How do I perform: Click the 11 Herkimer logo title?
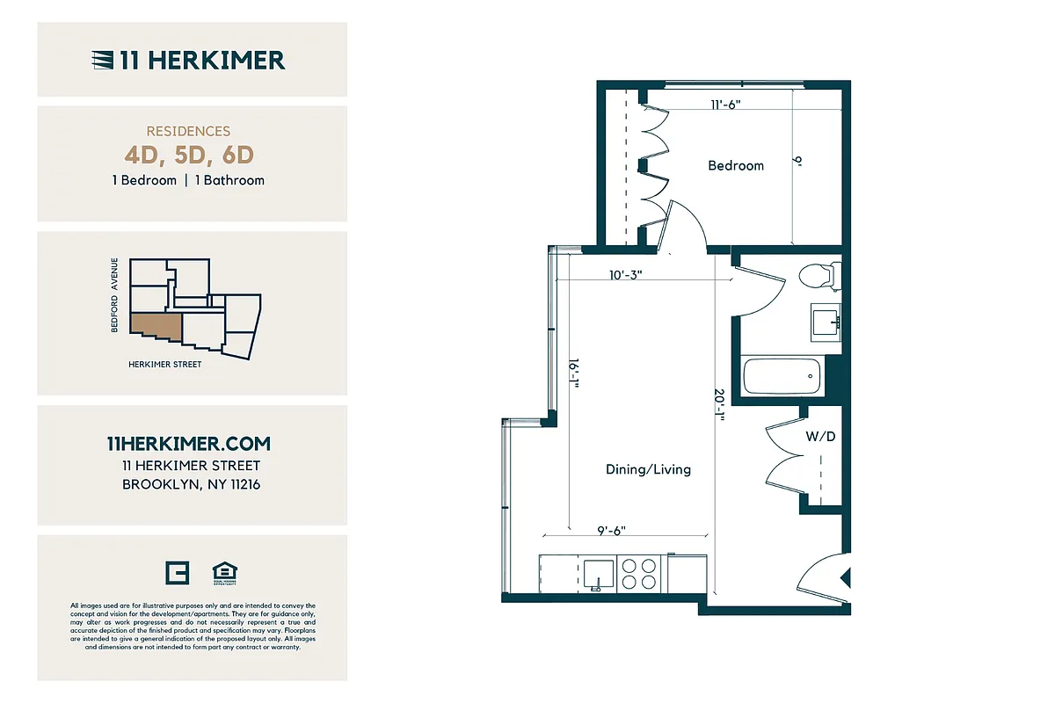tap(188, 60)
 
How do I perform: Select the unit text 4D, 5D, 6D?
tap(189, 156)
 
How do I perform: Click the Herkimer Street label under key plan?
tap(165, 365)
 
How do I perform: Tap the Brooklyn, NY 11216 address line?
tap(191, 484)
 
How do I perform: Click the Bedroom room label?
tap(736, 165)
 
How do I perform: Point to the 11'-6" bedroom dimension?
tap(726, 104)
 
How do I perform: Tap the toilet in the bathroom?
tap(819, 276)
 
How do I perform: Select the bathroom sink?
tap(826, 321)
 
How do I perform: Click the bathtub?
tap(782, 377)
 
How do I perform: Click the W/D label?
tap(819, 436)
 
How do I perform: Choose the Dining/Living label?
tap(648, 469)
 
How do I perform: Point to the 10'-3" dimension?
tap(626, 274)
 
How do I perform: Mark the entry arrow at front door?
tap(846, 578)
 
